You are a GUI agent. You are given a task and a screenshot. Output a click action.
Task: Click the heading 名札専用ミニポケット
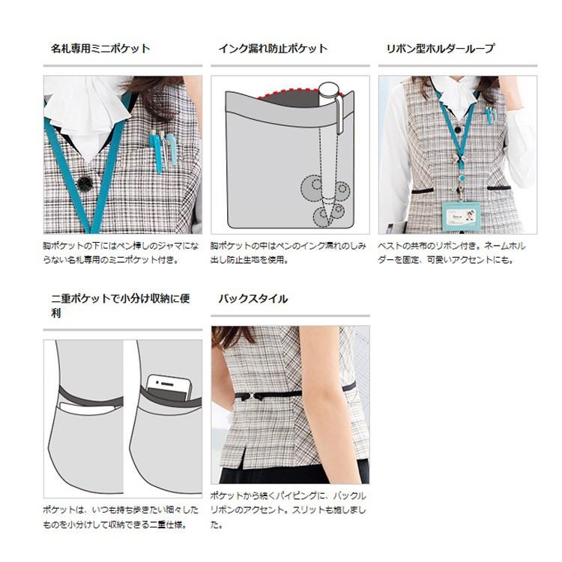click(x=100, y=49)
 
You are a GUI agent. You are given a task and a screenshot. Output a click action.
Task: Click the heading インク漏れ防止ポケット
click(x=273, y=49)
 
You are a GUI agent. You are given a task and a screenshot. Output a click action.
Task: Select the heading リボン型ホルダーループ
click(x=440, y=49)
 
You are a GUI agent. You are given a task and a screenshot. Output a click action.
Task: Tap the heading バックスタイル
click(x=253, y=299)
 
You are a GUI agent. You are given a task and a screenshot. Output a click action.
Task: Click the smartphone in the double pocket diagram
click(x=169, y=387)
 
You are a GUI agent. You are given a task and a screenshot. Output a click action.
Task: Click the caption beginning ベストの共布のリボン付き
click(x=457, y=252)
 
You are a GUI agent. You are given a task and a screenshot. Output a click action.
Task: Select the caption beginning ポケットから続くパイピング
click(x=288, y=510)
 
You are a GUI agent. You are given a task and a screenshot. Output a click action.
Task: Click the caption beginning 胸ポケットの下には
click(x=121, y=252)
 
